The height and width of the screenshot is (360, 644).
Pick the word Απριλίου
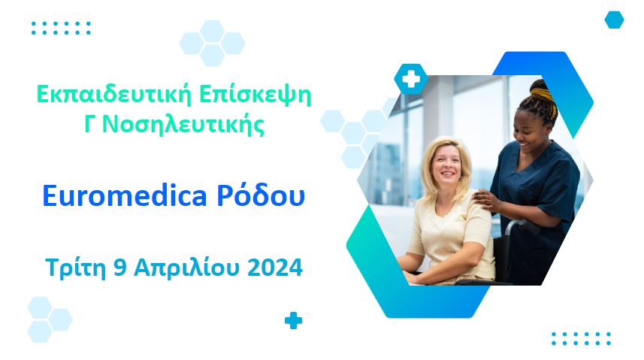pyautogui.click(x=192, y=267)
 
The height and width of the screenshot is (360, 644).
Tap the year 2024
pyautogui.click(x=277, y=267)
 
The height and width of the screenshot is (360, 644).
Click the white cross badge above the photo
pyautogui.click(x=410, y=78)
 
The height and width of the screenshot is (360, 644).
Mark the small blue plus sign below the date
pyautogui.click(x=293, y=321)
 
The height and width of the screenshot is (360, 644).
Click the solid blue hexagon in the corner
pyautogui.click(x=614, y=20)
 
